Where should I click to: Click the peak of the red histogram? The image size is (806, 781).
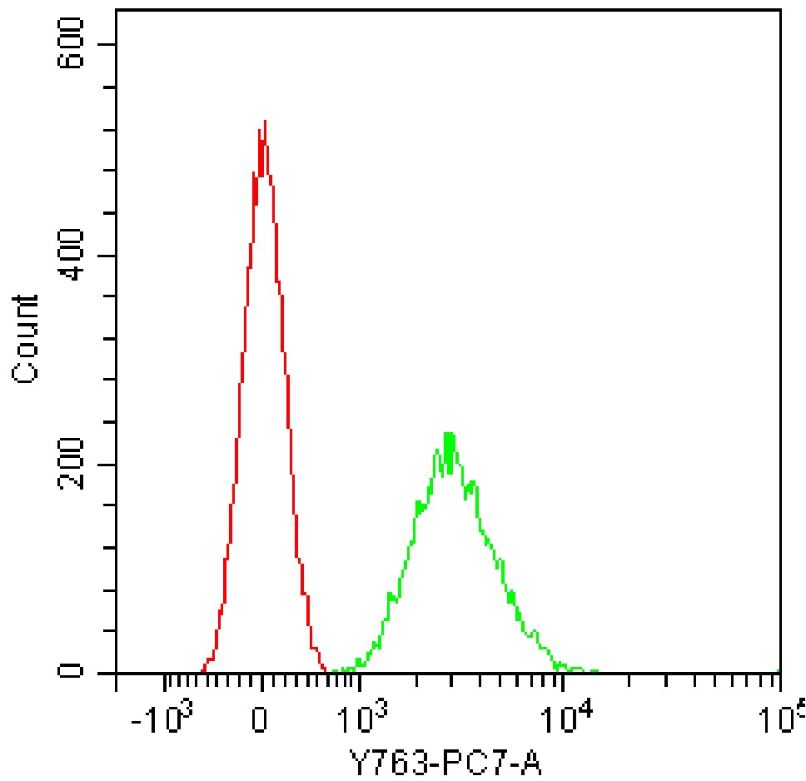[x=265, y=122]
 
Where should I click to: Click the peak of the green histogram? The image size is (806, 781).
[x=449, y=434]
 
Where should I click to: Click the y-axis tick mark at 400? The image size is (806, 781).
[x=109, y=256]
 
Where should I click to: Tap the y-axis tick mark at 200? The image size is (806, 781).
[x=109, y=465]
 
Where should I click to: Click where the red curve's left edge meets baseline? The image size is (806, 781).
[x=203, y=671]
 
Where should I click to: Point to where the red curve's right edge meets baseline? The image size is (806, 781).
[x=324, y=671]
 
